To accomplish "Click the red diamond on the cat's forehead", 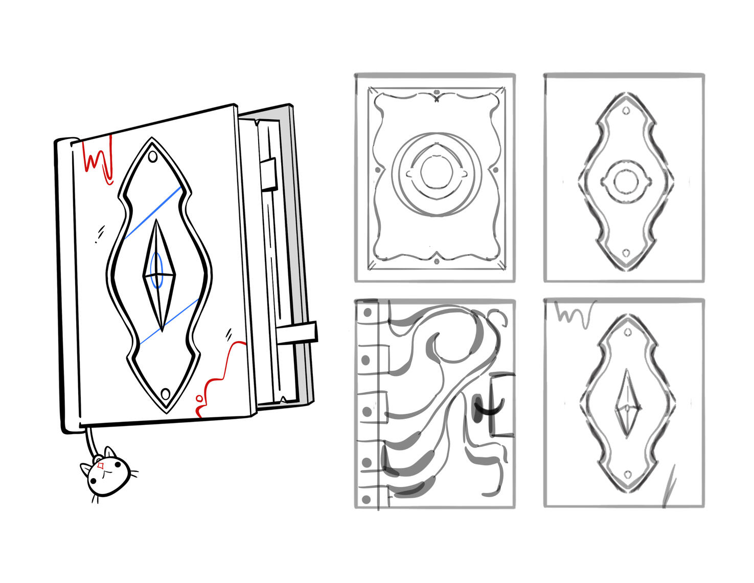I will point(101,466).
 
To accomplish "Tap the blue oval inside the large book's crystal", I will point(157,269).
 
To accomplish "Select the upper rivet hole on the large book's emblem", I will point(152,156).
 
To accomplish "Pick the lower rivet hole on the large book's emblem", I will point(165,394).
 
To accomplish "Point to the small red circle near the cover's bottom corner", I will point(199,398).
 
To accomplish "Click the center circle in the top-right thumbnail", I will point(624,182).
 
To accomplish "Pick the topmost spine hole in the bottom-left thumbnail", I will point(367,312).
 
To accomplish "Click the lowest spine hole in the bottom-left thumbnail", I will point(366,499).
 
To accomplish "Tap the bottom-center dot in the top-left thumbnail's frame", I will point(437,262).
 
